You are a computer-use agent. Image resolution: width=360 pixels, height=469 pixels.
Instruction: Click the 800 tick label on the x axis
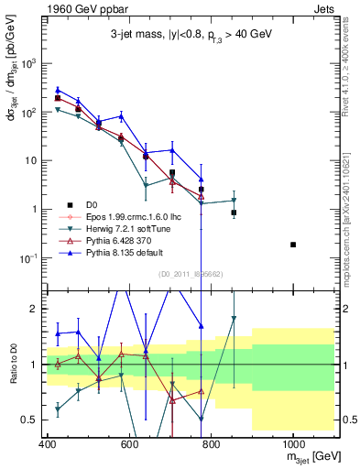(x=211, y=445)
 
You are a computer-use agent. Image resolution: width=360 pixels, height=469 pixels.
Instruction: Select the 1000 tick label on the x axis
(x=292, y=445)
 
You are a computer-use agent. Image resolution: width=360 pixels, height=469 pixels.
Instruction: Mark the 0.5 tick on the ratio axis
(x=32, y=420)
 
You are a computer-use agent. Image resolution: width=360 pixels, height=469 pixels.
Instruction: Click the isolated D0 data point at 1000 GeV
(x=293, y=245)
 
